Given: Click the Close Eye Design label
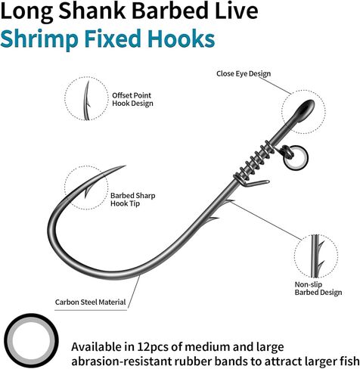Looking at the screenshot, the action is (244, 73).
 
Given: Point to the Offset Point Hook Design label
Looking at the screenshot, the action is (132, 99).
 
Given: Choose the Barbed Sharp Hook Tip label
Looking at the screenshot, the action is (133, 200).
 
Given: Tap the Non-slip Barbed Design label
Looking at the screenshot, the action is (318, 288).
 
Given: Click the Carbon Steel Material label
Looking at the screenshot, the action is (90, 302).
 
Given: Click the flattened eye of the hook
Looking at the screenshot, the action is (304, 110).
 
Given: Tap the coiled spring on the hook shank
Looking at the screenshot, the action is (253, 161).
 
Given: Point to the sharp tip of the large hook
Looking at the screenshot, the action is (126, 166).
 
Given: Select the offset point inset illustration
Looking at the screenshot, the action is (86, 99).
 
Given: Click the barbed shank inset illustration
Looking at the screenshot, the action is (316, 256).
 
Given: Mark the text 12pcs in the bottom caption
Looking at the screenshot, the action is (153, 347).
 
